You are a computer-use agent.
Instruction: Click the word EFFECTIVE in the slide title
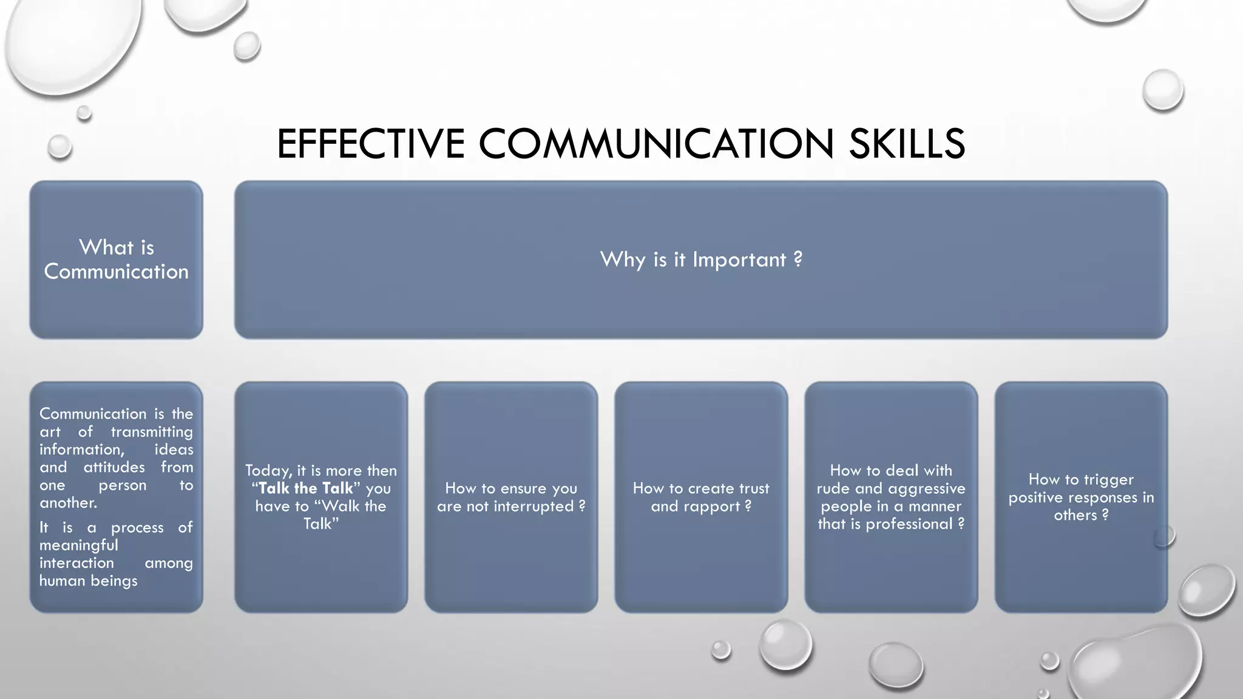pos(370,144)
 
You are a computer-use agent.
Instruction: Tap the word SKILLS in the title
pos(907,144)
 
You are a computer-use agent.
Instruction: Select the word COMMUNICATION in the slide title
pos(656,144)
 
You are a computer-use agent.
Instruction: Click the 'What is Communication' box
pos(116,260)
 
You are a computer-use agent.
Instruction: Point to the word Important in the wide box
pos(739,260)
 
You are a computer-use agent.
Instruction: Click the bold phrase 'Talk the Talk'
pos(306,488)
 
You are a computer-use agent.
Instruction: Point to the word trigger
pos(1108,479)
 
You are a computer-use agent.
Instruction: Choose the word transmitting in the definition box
pos(151,432)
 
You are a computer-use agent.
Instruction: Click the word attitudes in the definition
pos(114,467)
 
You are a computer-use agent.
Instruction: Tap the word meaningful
pos(79,545)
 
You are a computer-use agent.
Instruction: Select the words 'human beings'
pos(89,581)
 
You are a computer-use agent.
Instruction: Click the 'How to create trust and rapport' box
pos(701,546)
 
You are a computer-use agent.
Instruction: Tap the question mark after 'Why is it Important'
pos(798,260)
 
